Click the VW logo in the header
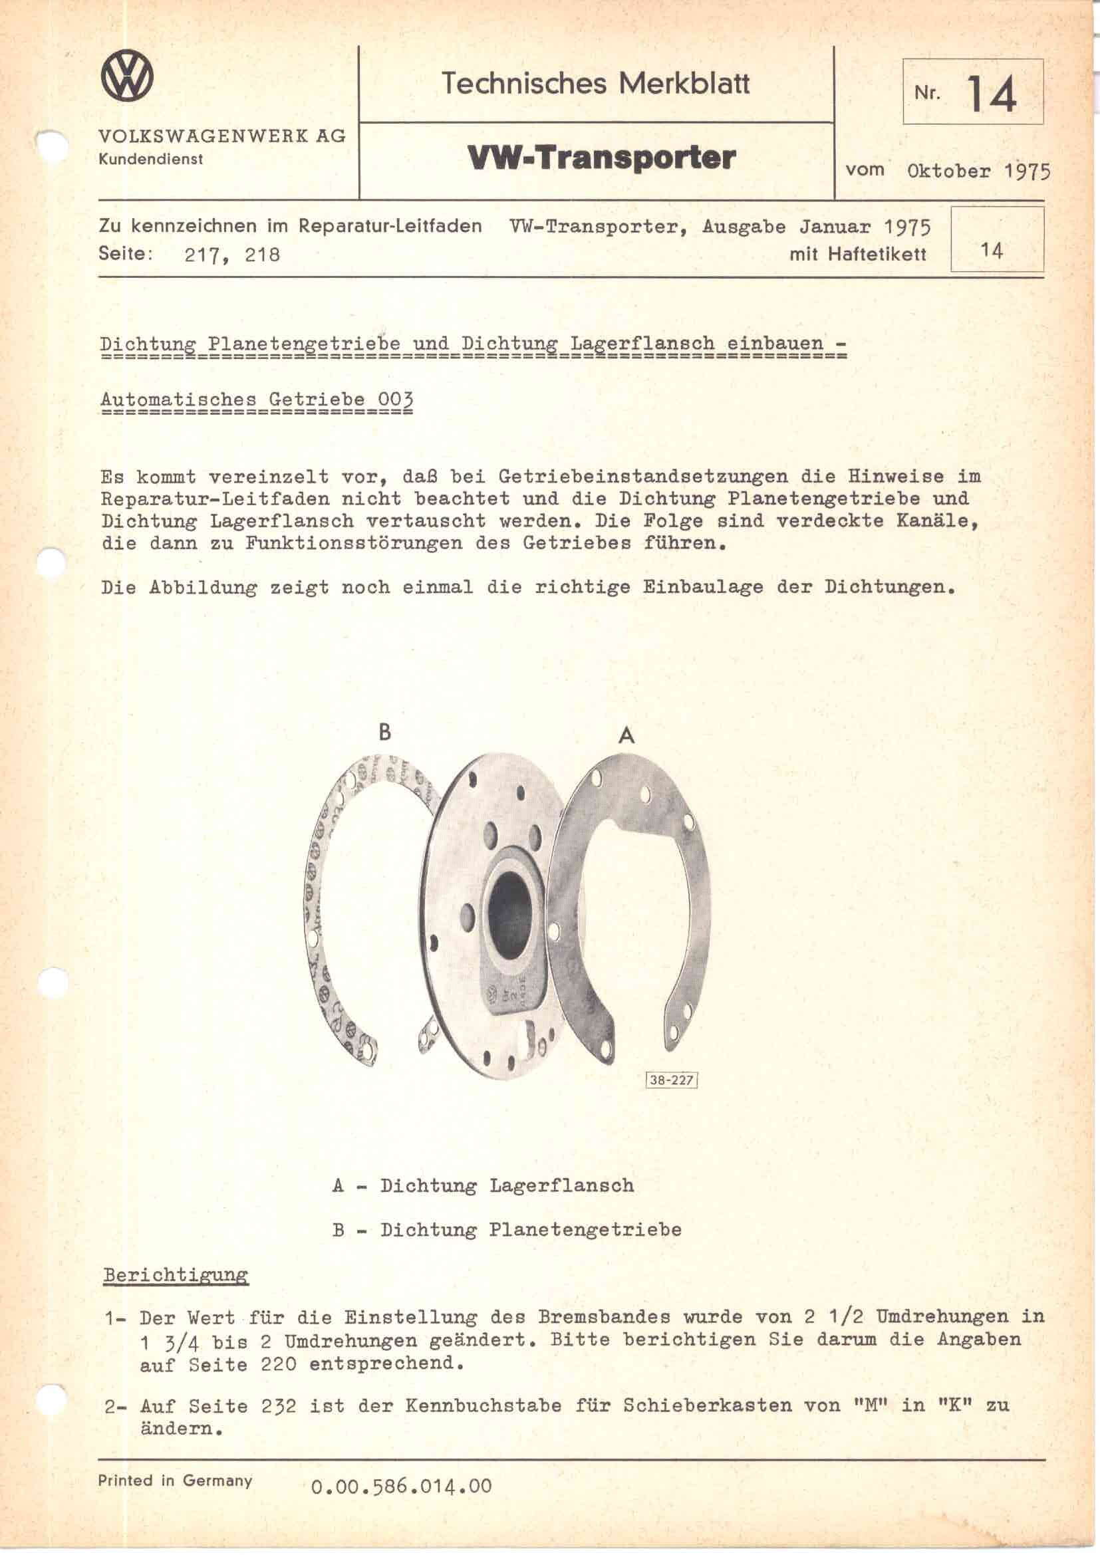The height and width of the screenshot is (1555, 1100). (x=126, y=78)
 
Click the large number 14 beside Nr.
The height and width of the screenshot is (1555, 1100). (x=992, y=94)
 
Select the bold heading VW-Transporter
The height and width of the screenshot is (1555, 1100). (x=601, y=158)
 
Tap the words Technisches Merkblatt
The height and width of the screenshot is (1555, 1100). (x=595, y=84)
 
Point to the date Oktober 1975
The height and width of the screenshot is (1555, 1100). (x=978, y=171)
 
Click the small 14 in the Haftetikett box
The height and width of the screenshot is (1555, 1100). (x=992, y=251)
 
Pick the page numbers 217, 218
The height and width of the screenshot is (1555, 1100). (x=231, y=255)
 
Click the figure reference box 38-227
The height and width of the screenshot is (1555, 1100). (x=672, y=1080)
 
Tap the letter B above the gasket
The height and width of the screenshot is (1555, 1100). (x=384, y=732)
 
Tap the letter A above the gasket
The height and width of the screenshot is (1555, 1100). (x=626, y=735)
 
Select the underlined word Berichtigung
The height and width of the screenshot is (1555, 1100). (x=176, y=1274)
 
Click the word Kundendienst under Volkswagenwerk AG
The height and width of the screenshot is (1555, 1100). (x=150, y=160)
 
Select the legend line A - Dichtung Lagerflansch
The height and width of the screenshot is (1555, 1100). (x=483, y=1185)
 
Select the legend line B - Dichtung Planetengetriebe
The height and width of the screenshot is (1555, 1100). (x=507, y=1229)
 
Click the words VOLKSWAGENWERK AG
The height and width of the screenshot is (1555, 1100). (x=222, y=136)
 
